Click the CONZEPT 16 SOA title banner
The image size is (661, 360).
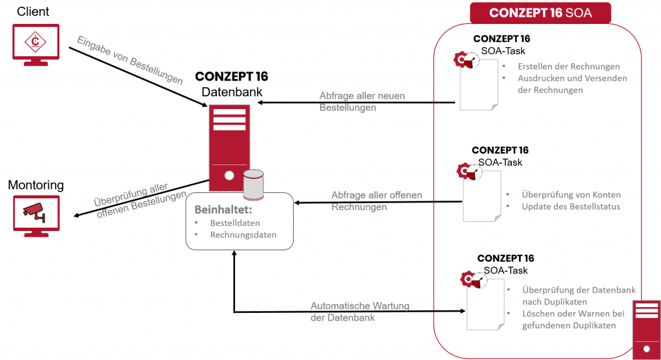(x=540, y=13)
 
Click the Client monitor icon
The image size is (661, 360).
(x=36, y=44)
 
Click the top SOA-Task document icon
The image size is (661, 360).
(x=478, y=86)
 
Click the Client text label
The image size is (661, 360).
(x=36, y=12)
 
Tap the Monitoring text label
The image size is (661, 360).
(x=36, y=186)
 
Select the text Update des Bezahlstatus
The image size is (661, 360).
(x=571, y=207)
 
